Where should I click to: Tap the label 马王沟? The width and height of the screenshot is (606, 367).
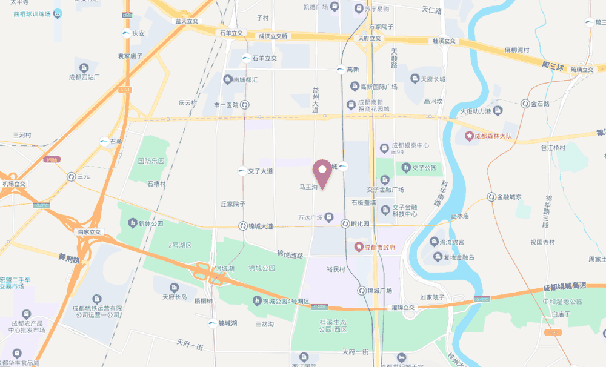(308, 188)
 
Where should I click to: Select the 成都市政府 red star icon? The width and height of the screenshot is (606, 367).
(359, 247)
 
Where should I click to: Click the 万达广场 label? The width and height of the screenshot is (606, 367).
(310, 217)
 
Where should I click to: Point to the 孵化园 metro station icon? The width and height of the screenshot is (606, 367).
(345, 223)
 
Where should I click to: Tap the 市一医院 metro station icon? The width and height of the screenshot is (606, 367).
(244, 105)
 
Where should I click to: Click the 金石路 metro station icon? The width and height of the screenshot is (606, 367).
(525, 104)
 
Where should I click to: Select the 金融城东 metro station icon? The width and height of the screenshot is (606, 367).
(491, 197)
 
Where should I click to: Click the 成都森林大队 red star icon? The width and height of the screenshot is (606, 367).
(468, 136)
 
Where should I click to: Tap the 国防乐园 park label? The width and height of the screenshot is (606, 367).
(151, 161)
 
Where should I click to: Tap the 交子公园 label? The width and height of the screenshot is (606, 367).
(424, 168)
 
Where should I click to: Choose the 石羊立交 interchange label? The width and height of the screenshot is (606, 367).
(231, 33)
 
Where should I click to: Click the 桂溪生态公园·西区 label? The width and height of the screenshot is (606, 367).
(333, 326)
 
